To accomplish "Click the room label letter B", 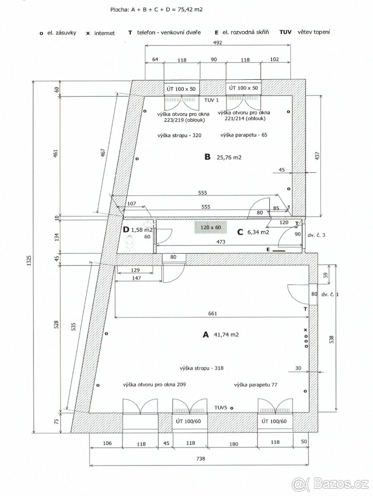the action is pyautogui.click(x=207, y=157).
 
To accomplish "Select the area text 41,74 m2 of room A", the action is pyautogui.click(x=226, y=335).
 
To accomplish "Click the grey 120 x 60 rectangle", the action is pyautogui.click(x=211, y=227).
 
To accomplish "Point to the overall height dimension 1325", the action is pyautogui.click(x=29, y=260).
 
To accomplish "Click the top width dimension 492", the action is pyautogui.click(x=218, y=43).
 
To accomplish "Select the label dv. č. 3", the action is pyautogui.click(x=316, y=235).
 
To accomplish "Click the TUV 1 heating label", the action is pyautogui.click(x=211, y=100).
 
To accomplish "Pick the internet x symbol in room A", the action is pyautogui.click(x=306, y=330).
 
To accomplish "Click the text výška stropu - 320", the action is pyautogui.click(x=179, y=135).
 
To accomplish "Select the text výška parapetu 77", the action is pyautogui.click(x=256, y=385).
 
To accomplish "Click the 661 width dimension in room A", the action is pyautogui.click(x=213, y=313).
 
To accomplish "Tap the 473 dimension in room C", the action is pyautogui.click(x=221, y=242).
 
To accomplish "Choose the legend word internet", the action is pyautogui.click(x=105, y=33).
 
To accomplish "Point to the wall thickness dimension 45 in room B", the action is pyautogui.click(x=282, y=169).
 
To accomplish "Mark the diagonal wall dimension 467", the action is pyautogui.click(x=103, y=153).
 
